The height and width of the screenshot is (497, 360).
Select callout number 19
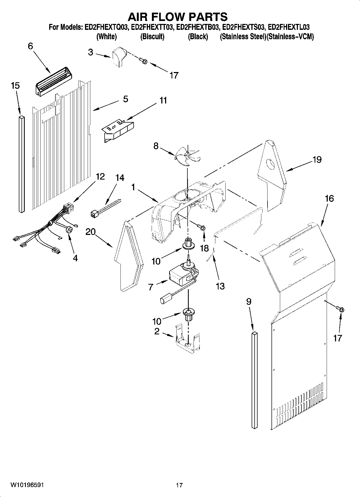[317, 160]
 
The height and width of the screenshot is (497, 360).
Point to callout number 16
[329, 199]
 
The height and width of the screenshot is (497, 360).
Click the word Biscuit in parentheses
[152, 37]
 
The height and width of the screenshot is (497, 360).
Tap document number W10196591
[27, 485]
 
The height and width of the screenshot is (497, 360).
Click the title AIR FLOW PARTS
[177, 17]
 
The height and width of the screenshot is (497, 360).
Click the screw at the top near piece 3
[143, 61]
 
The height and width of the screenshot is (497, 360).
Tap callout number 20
[91, 231]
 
